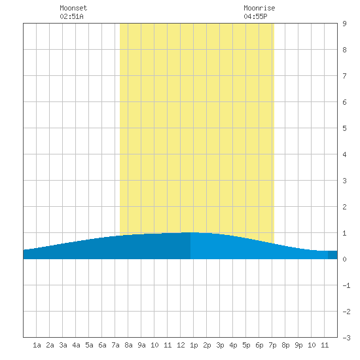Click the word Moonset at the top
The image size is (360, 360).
pyautogui.click(x=73, y=8)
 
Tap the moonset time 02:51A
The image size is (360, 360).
pyautogui.click(x=71, y=16)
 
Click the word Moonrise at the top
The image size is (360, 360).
pyautogui.click(x=259, y=8)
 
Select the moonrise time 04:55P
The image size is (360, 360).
pyautogui.click(x=255, y=16)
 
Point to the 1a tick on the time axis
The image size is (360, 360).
pyautogui.click(x=37, y=345)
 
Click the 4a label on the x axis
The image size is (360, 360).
pyautogui.click(x=76, y=345)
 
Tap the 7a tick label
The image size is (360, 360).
pyautogui.click(x=115, y=345)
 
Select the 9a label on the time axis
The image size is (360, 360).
pyautogui.click(x=141, y=345)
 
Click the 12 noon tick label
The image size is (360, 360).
pyautogui.click(x=181, y=345)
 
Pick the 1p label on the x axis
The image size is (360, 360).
pyautogui.click(x=194, y=345)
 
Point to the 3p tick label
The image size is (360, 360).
pyautogui.click(x=220, y=345)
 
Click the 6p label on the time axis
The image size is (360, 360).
pyautogui.click(x=259, y=345)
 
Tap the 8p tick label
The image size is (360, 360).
pyautogui.click(x=285, y=345)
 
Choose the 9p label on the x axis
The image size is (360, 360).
pyautogui.click(x=298, y=345)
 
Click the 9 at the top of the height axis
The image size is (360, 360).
pyautogui.click(x=344, y=24)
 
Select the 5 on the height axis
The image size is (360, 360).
pyautogui.click(x=344, y=128)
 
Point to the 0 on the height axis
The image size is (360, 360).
pyautogui.click(x=344, y=259)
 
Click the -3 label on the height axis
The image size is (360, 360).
pyautogui.click(x=347, y=338)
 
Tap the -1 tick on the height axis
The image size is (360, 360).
pyautogui.click(x=347, y=285)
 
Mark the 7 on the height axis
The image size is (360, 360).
pyautogui.click(x=344, y=76)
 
